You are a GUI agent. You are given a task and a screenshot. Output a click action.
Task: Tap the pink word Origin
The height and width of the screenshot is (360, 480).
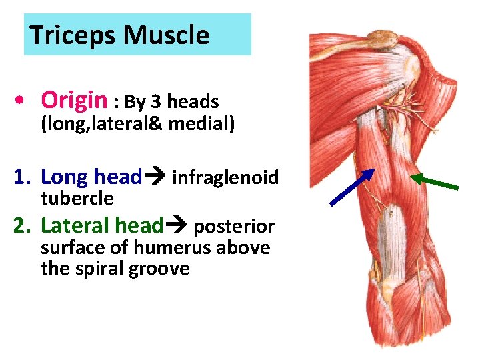point(73,101)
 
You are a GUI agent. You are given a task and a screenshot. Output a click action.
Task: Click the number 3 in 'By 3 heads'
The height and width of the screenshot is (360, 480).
point(156,102)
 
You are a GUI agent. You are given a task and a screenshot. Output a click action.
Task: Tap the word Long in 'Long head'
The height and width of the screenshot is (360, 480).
point(65,177)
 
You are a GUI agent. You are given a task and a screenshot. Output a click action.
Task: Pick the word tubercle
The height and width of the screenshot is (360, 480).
point(77,198)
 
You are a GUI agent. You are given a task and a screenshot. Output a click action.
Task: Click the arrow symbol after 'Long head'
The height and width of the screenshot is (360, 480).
point(155,178)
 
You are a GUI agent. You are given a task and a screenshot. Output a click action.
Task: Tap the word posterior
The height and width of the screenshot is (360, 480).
point(233,227)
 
